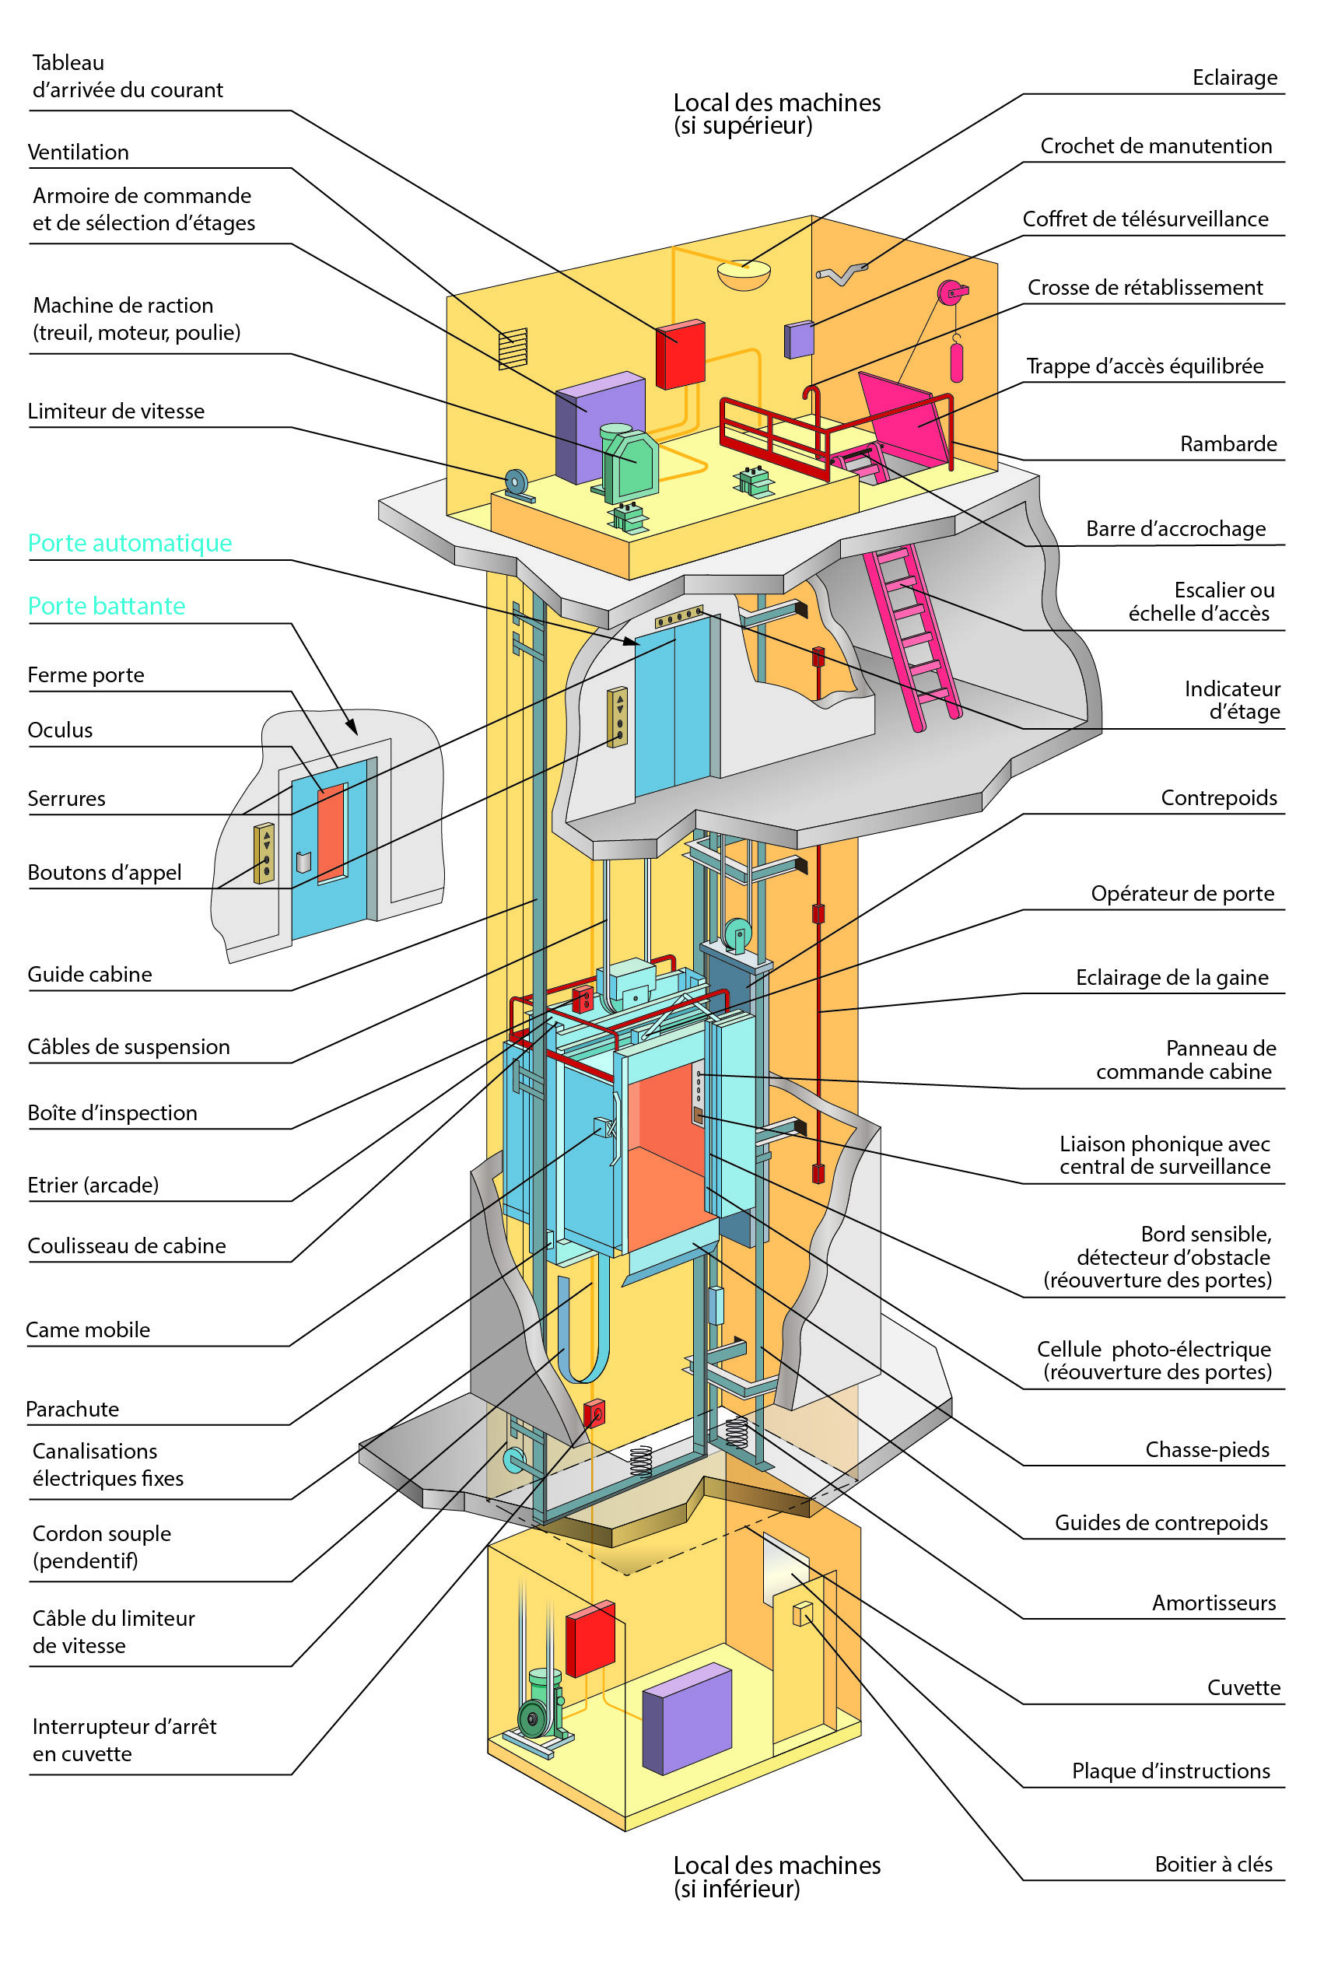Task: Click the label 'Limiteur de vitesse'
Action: point(116,412)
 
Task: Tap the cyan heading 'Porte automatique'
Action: point(129,543)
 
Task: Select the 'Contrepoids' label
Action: point(1218,798)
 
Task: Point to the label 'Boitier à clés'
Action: point(1213,1865)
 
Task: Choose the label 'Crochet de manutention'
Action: point(1155,146)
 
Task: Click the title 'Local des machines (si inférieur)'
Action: point(776,1876)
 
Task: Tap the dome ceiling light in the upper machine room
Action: point(744,275)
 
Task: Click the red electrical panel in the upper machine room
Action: point(680,354)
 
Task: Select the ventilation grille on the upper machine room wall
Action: point(513,349)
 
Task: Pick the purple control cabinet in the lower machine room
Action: point(686,1719)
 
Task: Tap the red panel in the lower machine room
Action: point(590,1638)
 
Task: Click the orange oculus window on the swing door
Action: point(331,833)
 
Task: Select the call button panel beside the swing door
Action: point(264,853)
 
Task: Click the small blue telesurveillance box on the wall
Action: point(799,340)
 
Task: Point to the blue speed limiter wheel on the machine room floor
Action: point(515,483)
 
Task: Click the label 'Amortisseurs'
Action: point(1213,1603)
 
